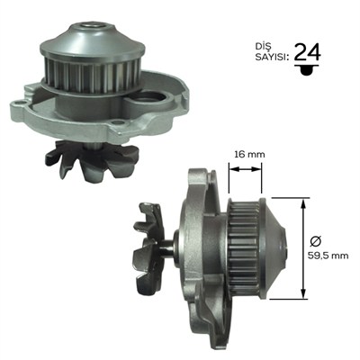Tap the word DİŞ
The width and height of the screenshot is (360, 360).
(x=263, y=47)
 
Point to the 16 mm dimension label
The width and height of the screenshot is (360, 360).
(x=245, y=155)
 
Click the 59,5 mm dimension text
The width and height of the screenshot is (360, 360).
(x=328, y=256)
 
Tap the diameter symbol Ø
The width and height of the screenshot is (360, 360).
(x=316, y=241)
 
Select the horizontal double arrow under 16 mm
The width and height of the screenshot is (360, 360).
(x=245, y=169)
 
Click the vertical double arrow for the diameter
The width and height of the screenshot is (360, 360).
(x=304, y=248)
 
